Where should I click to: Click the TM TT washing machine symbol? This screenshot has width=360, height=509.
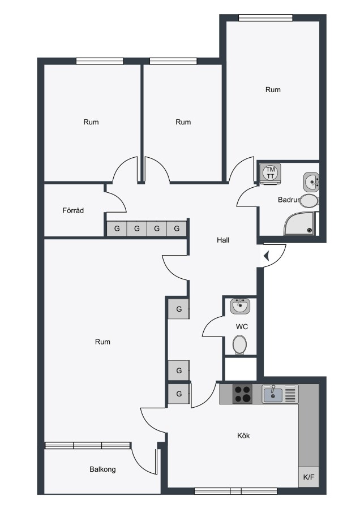click(271, 174)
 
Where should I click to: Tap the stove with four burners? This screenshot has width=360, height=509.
click(242, 394)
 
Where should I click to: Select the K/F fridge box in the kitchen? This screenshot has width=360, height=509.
click(308, 477)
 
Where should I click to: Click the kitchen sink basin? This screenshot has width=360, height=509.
click(273, 395)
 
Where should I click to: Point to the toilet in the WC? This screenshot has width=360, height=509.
click(239, 345)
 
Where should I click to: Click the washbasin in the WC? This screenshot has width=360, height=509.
click(240, 306)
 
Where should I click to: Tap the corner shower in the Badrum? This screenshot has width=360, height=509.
click(299, 223)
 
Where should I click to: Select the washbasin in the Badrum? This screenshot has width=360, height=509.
click(311, 182)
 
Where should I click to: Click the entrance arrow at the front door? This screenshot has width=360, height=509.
click(267, 256)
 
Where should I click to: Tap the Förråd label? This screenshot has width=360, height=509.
click(73, 210)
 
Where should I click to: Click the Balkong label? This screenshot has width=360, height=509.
click(102, 469)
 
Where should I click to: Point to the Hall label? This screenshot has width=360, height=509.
click(223, 240)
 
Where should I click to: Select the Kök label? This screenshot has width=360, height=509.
click(243, 435)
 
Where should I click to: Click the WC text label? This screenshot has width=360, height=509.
click(242, 326)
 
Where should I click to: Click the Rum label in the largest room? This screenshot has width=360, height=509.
click(102, 342)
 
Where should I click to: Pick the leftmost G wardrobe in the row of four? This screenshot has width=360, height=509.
click(117, 228)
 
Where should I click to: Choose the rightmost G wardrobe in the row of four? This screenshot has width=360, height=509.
click(177, 228)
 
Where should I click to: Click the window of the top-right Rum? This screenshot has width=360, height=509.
click(265, 18)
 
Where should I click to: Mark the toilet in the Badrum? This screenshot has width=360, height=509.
click(309, 201)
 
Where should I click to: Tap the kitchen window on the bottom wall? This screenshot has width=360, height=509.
click(235, 491)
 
